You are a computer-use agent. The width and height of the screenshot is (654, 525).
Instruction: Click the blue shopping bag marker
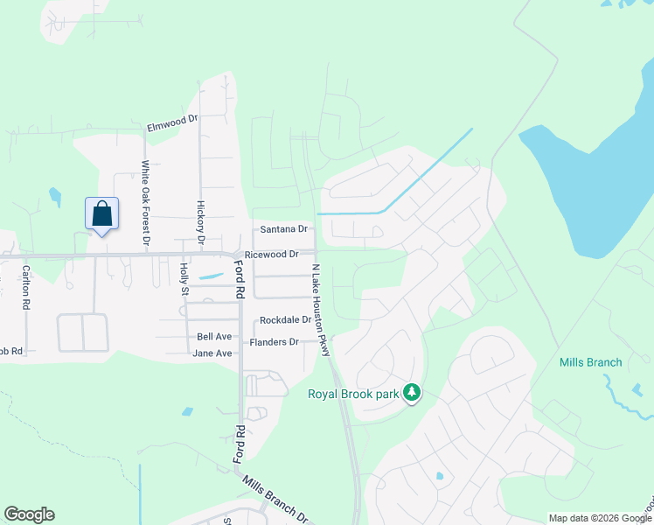point(101,214)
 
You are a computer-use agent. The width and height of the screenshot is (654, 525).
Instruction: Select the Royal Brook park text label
point(353,394)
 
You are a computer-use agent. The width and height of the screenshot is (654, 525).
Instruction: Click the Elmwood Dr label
point(173,124)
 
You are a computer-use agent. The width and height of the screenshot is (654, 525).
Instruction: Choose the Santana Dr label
point(284,229)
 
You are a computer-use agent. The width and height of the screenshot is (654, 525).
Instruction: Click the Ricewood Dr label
point(272,255)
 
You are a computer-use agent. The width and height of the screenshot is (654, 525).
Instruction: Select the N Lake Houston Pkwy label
point(320,310)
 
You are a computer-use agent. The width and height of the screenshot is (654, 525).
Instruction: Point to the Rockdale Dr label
point(285,320)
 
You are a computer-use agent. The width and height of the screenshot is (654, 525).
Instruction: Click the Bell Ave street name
point(214,337)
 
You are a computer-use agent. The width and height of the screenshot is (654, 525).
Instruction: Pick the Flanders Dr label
point(275,342)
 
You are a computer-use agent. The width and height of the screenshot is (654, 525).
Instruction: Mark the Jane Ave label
point(212,353)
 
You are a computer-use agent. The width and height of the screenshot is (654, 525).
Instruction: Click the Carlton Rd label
point(26,288)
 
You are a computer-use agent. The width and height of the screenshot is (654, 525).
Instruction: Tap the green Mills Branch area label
point(591,362)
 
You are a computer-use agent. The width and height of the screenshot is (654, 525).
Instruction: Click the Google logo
point(29,514)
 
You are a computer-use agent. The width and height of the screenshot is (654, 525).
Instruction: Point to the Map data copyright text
point(599,518)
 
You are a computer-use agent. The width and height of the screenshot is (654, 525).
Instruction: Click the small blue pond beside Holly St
point(210,276)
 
